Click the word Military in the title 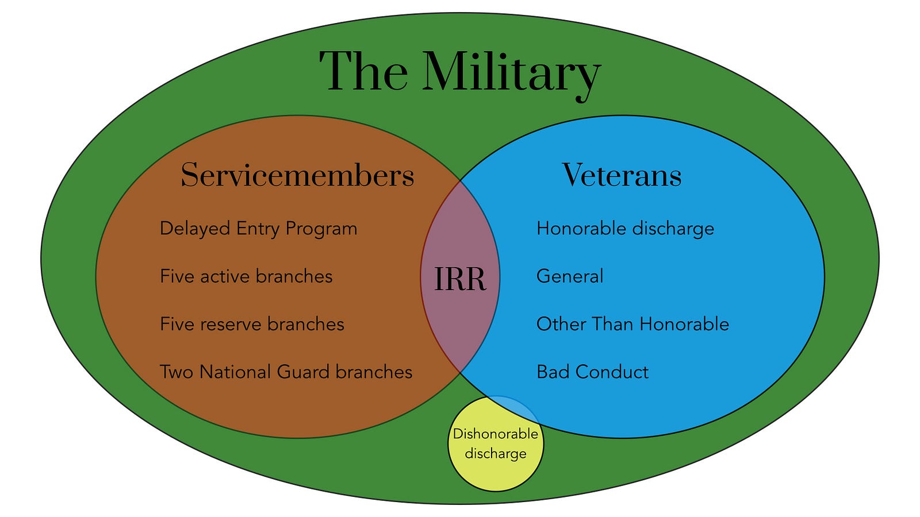pyautogui.click(x=512, y=74)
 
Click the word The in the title pyautogui.click(x=363, y=71)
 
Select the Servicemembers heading pyautogui.click(x=297, y=175)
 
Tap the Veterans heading pyautogui.click(x=622, y=175)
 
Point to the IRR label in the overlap pyautogui.click(x=460, y=279)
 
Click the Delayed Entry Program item pyautogui.click(x=258, y=229)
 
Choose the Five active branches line pyautogui.click(x=246, y=276)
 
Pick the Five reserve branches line pyautogui.click(x=252, y=324)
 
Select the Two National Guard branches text pyautogui.click(x=286, y=372)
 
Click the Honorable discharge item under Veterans pyautogui.click(x=625, y=229)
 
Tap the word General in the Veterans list pyautogui.click(x=570, y=276)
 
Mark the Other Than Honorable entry pyautogui.click(x=633, y=324)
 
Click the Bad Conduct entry pyautogui.click(x=593, y=372)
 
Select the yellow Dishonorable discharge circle pyautogui.click(x=496, y=443)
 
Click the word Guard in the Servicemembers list pyautogui.click(x=304, y=372)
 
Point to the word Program pyautogui.click(x=321, y=229)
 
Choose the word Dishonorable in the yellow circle pyautogui.click(x=496, y=434)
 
